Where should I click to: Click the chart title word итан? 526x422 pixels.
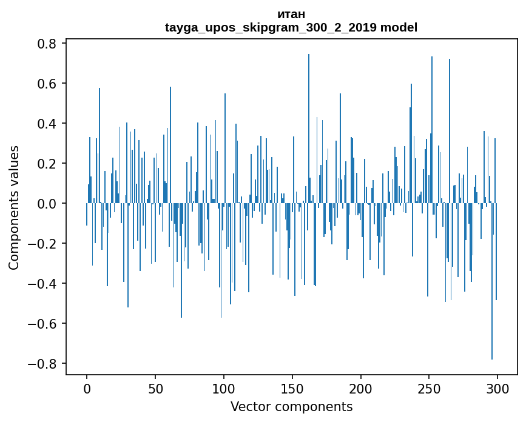click(291, 14)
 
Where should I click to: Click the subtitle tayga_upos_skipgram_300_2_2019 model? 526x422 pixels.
click(291, 27)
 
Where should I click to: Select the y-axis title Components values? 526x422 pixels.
click(14, 207)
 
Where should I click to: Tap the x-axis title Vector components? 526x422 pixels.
click(291, 406)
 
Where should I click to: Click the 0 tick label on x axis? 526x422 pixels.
click(87, 389)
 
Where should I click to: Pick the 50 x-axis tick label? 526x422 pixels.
click(155, 389)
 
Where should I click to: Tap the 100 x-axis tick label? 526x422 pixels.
click(224, 389)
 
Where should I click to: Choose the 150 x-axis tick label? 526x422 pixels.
click(292, 389)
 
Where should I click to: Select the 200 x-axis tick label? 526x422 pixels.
click(361, 389)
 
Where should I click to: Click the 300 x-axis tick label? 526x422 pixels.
click(497, 389)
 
